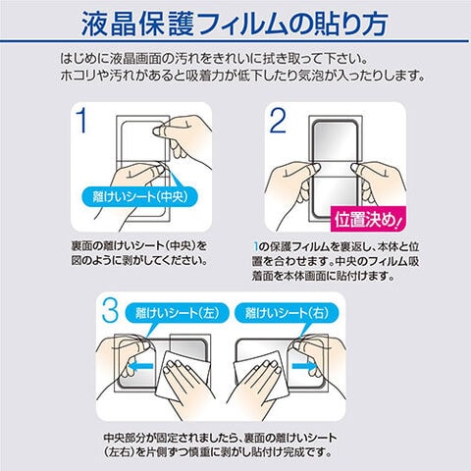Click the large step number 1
point(82,121)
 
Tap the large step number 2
point(278,121)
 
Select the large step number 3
point(110,310)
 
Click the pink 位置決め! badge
point(368,219)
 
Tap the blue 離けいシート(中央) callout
point(140,196)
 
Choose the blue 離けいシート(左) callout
point(177,313)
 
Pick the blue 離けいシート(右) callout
point(287,313)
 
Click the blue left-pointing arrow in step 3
point(141,366)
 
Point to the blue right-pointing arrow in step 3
point(304,366)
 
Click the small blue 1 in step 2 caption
point(256,246)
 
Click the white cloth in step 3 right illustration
point(259,375)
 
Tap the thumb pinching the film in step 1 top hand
point(160,131)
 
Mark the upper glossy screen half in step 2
point(335,140)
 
